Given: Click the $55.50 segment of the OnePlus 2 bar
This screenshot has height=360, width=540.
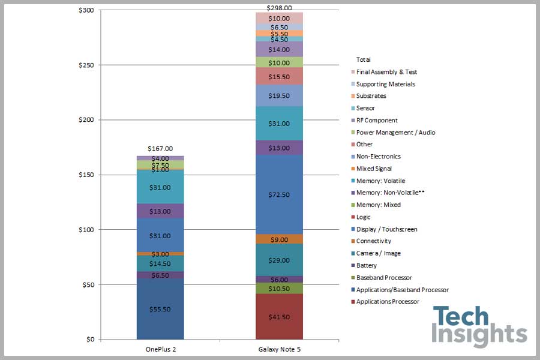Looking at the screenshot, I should [x=160, y=309].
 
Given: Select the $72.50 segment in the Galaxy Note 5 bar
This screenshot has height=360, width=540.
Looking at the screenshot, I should [x=279, y=194].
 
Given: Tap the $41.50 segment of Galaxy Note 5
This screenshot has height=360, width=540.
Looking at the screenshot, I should [x=279, y=316].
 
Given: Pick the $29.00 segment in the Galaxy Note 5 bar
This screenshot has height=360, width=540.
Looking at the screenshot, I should [x=279, y=260].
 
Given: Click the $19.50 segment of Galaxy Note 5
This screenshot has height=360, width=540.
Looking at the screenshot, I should [x=279, y=95].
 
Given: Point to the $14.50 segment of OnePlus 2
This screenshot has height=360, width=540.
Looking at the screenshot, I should [x=160, y=264].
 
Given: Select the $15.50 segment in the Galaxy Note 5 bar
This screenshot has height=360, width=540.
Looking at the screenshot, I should [x=279, y=77].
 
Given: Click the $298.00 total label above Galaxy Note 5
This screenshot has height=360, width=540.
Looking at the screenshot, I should [x=279, y=8].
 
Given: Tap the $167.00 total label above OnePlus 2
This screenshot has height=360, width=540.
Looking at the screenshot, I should [x=160, y=149].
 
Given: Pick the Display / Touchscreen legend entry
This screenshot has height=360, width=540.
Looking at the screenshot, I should [x=386, y=229].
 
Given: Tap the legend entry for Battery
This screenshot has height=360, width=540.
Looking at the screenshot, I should [x=367, y=265].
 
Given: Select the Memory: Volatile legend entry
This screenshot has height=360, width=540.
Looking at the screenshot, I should [x=380, y=181].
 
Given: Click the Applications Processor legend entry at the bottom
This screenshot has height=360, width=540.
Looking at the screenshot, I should [x=388, y=301].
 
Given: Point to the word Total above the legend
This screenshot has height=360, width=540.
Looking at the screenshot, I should [x=364, y=59].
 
